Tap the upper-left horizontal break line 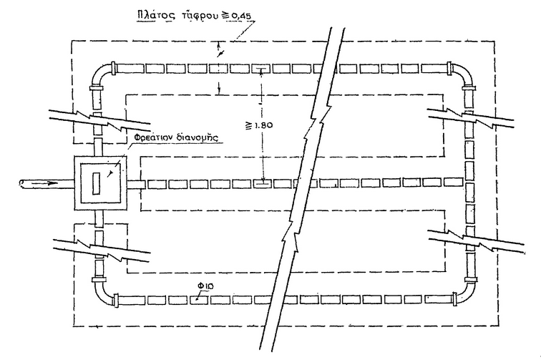tap(97, 119)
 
